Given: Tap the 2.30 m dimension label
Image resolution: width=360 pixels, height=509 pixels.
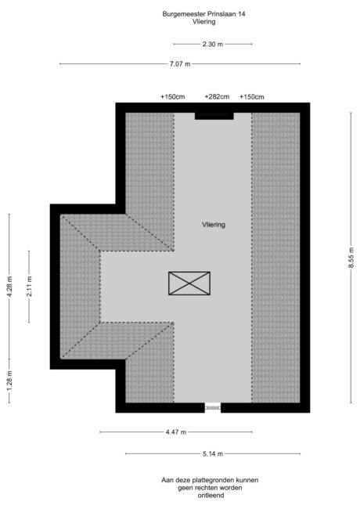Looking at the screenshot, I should [x=213, y=44].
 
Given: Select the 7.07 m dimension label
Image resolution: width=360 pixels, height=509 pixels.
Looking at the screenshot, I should [x=180, y=63].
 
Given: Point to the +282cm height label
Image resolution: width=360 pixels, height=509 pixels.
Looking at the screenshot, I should [x=217, y=97].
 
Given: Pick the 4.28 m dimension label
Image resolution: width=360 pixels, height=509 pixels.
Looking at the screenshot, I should [x=9, y=287].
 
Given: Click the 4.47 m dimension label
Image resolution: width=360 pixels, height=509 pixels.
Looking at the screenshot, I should [x=175, y=431].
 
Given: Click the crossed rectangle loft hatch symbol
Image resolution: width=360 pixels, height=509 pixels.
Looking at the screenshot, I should [x=189, y=283].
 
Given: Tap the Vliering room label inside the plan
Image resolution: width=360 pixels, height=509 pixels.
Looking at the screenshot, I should [x=212, y=225].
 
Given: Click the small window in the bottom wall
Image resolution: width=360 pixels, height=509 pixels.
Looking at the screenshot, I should [x=212, y=407].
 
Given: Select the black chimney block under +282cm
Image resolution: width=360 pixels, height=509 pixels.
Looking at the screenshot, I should [x=214, y=115].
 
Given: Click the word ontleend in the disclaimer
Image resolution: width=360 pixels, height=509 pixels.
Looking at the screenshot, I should [x=210, y=495].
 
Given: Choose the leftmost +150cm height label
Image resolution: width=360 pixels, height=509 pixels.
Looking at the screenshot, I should [x=172, y=97].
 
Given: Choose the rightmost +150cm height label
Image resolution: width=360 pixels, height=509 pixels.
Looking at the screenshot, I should [x=252, y=97].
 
